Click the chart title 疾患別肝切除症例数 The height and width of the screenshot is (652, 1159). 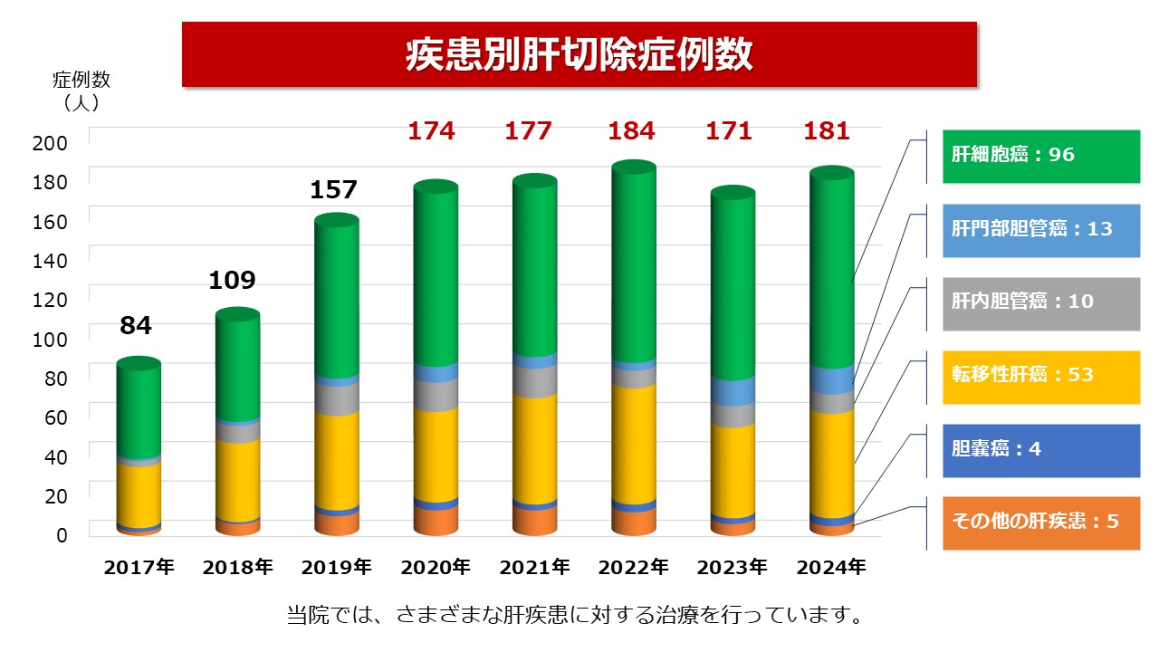579,54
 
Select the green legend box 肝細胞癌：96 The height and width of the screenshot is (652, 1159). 1041,155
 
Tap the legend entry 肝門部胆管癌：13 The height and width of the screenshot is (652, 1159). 1041,228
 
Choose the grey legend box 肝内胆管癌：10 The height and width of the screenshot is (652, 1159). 1041,302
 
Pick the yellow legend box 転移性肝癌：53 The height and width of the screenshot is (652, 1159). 1041,375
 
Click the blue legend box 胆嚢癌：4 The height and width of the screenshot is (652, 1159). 1041,449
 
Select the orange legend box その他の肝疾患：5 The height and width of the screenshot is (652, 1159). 1041,523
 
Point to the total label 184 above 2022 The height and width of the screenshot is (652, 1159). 631,131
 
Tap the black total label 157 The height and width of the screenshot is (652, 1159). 334,190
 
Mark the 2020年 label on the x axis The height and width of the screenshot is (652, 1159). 436,568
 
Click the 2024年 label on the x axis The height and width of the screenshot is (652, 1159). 831,568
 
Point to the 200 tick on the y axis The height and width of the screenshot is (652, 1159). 49,143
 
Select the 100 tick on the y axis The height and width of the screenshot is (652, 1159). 49,340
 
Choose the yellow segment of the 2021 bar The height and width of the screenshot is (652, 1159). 534,448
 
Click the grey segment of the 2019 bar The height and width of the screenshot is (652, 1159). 337,398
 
